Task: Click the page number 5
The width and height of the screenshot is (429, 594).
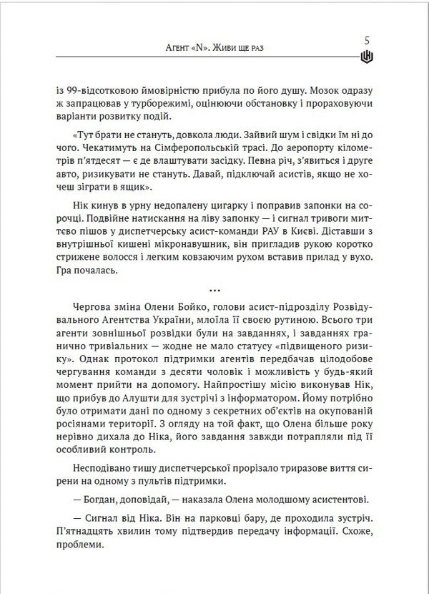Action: pyautogui.click(x=368, y=42)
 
